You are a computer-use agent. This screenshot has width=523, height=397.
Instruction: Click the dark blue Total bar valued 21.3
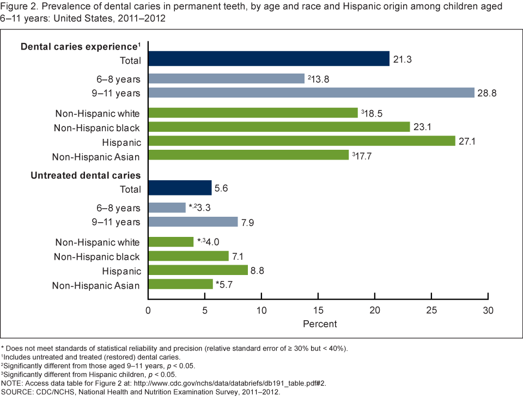269,59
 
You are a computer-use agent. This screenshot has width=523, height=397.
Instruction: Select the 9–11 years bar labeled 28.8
311,93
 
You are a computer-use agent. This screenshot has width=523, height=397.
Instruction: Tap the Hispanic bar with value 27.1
301,141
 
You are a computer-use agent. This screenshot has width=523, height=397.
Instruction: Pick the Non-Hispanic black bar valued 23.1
279,127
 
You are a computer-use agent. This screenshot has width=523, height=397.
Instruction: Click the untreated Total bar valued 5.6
180,188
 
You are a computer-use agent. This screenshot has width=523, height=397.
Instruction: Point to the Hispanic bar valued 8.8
198,270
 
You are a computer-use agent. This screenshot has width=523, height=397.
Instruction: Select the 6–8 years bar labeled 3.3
167,207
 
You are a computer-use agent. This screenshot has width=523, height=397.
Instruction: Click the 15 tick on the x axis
318,311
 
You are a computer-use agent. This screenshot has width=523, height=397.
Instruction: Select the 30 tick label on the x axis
488,311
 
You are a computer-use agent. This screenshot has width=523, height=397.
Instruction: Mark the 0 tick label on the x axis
148,311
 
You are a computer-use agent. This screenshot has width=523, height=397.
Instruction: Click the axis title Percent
319,324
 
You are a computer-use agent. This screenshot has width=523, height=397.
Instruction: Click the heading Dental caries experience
78,46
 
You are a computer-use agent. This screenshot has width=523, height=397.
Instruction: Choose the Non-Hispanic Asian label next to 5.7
96,285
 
